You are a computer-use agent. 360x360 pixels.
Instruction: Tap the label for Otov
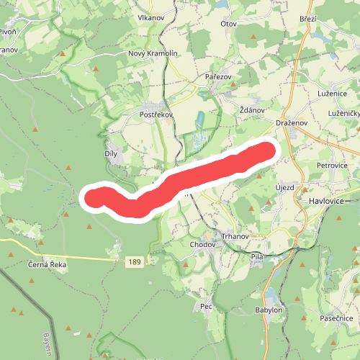click(x=229, y=23)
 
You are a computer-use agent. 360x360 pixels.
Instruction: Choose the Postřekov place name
click(x=154, y=114)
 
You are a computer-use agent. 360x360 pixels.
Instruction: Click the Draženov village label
click(x=292, y=123)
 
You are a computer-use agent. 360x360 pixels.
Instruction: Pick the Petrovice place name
click(x=332, y=165)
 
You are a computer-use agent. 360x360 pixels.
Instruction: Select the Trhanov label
click(x=235, y=238)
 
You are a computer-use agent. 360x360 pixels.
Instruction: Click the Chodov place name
click(x=202, y=245)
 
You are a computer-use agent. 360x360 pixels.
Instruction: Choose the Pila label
click(x=256, y=256)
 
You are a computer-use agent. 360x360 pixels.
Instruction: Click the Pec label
click(x=207, y=307)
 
